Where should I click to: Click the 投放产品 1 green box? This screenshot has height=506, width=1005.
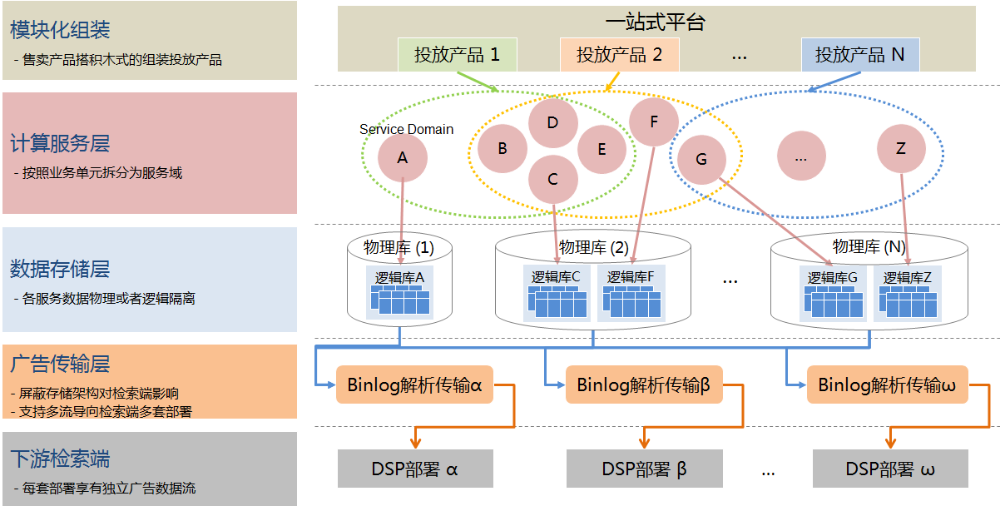pyautogui.click(x=457, y=55)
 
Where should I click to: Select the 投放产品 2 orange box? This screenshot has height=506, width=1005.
pyautogui.click(x=619, y=55)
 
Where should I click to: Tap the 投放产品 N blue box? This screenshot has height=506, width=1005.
pyautogui.click(x=859, y=55)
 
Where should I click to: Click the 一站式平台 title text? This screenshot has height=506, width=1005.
pyautogui.click(x=656, y=22)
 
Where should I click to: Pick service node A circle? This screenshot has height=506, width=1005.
pyautogui.click(x=403, y=157)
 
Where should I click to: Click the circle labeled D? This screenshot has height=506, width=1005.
pyautogui.click(x=552, y=123)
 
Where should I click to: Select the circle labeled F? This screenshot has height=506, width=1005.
pyautogui.click(x=653, y=122)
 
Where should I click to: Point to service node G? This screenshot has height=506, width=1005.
pyautogui.click(x=701, y=158)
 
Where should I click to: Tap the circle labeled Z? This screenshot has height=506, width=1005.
pyautogui.click(x=901, y=149)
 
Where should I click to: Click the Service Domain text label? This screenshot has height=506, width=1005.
pyautogui.click(x=406, y=129)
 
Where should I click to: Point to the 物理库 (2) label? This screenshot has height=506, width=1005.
pyautogui.click(x=593, y=247)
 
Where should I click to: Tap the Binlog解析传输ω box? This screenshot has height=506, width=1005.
pyautogui.click(x=887, y=384)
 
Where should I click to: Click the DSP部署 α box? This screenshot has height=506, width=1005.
pyautogui.click(x=414, y=469)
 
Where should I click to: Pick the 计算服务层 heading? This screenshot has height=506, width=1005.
pyautogui.click(x=60, y=143)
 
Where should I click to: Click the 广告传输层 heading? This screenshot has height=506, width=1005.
pyautogui.click(x=60, y=364)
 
